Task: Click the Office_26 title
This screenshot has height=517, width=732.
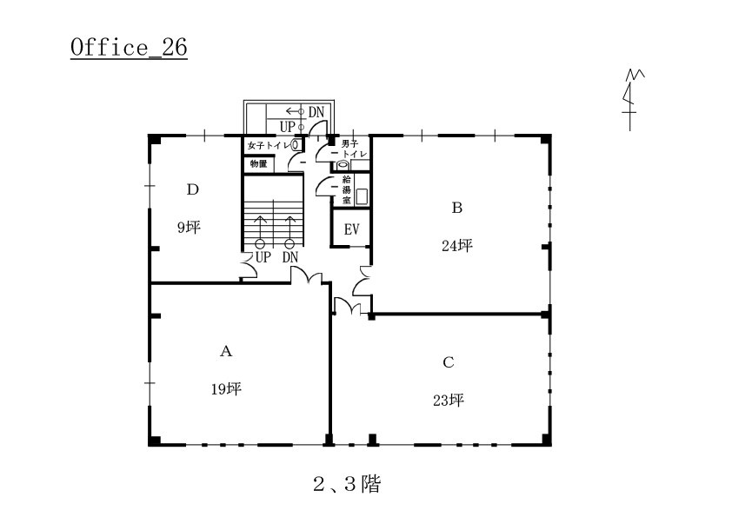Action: click(x=129, y=48)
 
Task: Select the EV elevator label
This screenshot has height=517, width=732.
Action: click(x=351, y=229)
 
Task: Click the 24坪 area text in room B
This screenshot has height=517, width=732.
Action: click(x=457, y=245)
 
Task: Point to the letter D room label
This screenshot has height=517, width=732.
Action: click(x=193, y=189)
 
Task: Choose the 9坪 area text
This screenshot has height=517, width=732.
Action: click(x=189, y=228)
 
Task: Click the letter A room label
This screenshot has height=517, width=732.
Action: click(x=226, y=351)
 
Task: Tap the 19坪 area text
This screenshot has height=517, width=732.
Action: click(x=226, y=388)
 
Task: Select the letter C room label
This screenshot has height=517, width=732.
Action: click(x=449, y=362)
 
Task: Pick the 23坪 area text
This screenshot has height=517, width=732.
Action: click(x=449, y=401)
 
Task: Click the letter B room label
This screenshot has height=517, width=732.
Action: click(x=457, y=207)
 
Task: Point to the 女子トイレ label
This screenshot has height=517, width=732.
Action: click(x=269, y=146)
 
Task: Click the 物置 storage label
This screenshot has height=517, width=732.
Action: click(x=258, y=163)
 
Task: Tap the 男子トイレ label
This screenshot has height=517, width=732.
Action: click(x=352, y=149)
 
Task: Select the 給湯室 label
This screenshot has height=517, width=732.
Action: click(x=346, y=190)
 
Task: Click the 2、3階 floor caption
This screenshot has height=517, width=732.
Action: click(x=347, y=484)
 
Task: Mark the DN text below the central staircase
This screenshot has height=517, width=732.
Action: click(x=289, y=257)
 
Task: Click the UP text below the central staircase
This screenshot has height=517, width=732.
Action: click(x=263, y=257)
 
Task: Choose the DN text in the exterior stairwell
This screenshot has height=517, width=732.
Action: click(x=316, y=112)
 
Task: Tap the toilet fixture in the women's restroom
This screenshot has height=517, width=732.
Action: click(x=296, y=144)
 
